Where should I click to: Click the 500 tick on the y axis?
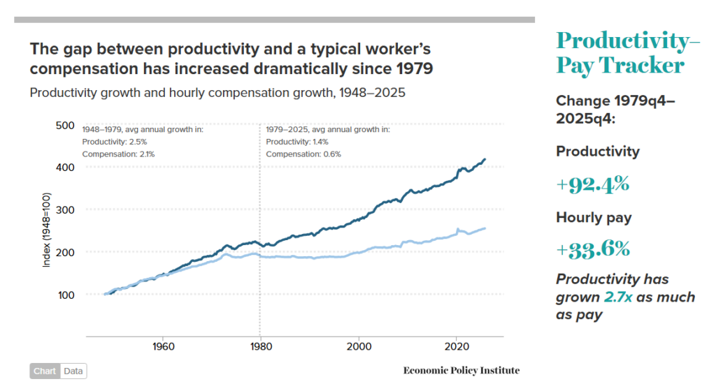click(x=64, y=126)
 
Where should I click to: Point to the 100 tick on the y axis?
click(x=64, y=294)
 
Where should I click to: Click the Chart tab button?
click(x=45, y=371)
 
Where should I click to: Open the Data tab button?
click(x=73, y=371)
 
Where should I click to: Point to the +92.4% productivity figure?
click(x=593, y=184)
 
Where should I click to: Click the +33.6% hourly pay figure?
click(x=593, y=249)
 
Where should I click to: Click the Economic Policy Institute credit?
click(x=461, y=371)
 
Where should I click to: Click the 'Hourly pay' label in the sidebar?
click(x=594, y=217)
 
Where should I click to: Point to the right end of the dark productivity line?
click(x=485, y=160)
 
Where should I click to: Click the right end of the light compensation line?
click(x=485, y=228)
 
